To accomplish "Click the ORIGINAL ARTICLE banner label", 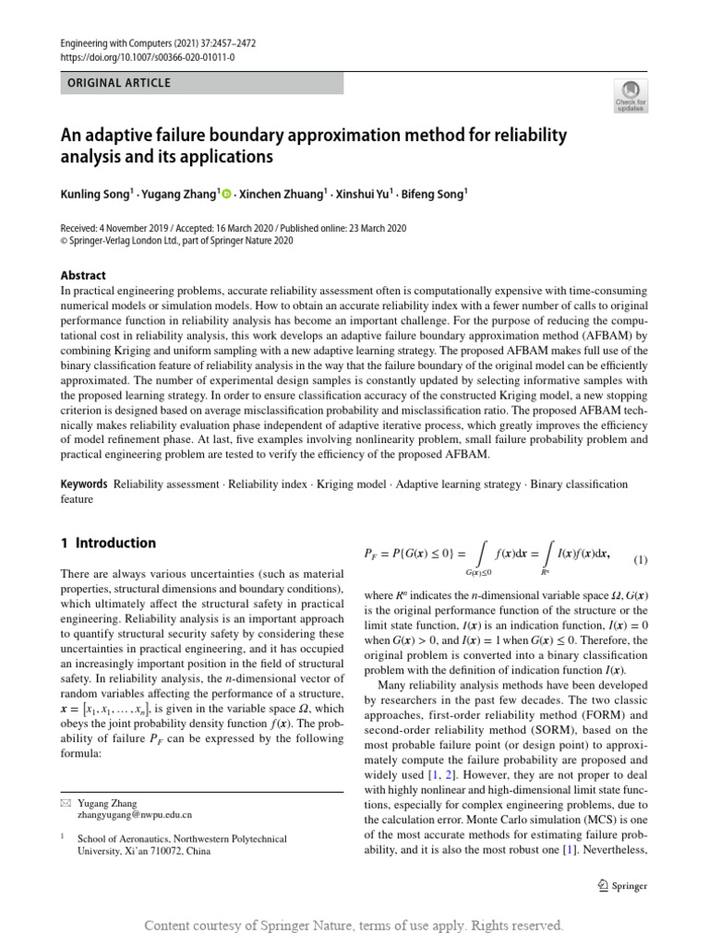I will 115,83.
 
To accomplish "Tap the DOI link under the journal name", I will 147,57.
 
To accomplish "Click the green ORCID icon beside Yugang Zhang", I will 226,195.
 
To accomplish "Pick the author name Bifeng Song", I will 436,195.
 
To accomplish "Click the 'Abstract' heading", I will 83,275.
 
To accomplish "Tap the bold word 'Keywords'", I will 84,484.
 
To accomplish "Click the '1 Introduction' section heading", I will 108,543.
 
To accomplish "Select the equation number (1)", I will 641,560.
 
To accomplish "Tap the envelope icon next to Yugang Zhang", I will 65,803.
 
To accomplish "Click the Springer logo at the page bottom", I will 621,885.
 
